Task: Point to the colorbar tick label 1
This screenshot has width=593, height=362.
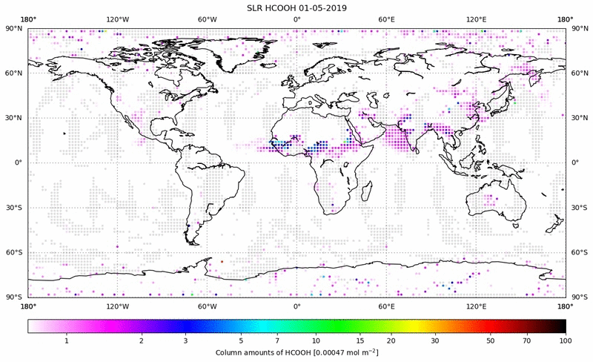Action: (x=67, y=340)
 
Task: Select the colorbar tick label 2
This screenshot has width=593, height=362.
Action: (x=141, y=340)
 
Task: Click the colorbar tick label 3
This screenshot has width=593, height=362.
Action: (x=185, y=340)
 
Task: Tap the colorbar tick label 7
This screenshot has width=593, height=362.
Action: (x=277, y=340)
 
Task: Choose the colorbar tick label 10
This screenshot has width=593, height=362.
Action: (x=317, y=340)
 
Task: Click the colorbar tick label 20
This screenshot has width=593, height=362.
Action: (x=390, y=340)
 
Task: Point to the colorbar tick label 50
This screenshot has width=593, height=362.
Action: (x=491, y=340)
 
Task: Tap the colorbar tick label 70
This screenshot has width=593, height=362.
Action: (x=526, y=340)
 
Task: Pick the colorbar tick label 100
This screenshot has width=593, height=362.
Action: (x=566, y=340)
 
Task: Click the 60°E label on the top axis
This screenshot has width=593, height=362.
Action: (x=386, y=19)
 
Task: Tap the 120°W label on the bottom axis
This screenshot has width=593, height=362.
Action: (x=117, y=306)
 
